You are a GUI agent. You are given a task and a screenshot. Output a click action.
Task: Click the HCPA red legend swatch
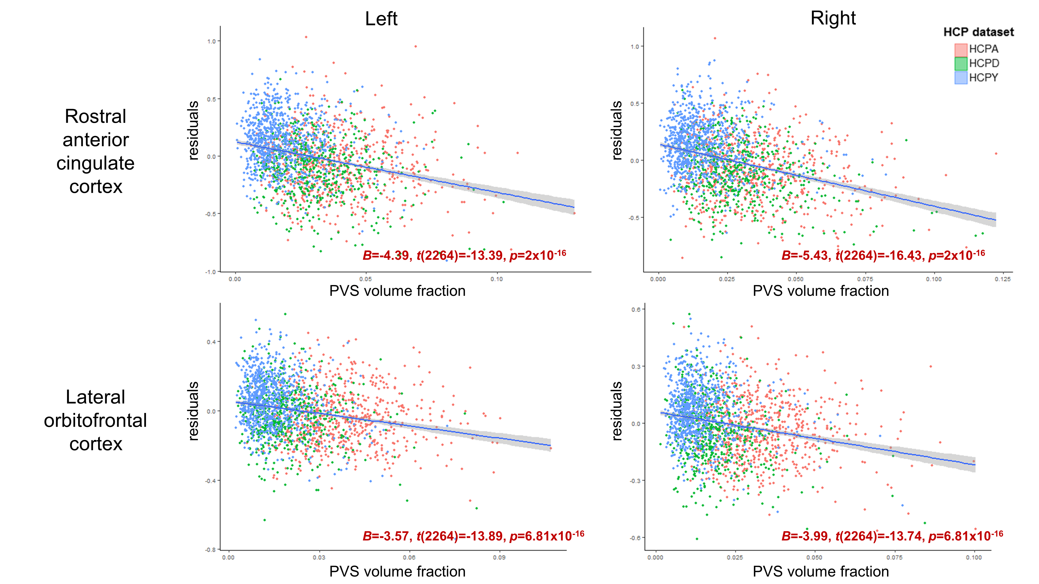tap(961, 50)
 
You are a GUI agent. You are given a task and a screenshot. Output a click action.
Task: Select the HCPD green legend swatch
tap(961, 64)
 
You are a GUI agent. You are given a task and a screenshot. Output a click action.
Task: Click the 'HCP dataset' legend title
tap(978, 32)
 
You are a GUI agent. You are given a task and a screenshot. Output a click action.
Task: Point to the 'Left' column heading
tap(381, 19)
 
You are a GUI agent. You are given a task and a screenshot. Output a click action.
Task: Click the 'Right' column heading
tap(833, 18)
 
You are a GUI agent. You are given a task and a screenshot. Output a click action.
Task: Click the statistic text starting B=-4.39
tap(464, 255)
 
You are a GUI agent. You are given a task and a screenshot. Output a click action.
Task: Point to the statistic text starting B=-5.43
tap(883, 255)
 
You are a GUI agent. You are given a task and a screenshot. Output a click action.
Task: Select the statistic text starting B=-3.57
tap(473, 536)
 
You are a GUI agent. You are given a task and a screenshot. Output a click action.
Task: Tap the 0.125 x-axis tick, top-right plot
tap(1003, 279)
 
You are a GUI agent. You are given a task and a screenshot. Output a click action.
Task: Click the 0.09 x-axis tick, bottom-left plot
tap(499, 558)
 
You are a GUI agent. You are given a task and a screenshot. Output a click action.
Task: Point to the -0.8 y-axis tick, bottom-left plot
tap(211, 550)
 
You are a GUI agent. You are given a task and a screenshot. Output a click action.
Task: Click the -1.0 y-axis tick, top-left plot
tap(211, 272)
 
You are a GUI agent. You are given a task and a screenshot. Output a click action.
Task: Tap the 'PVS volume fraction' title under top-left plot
tap(397, 291)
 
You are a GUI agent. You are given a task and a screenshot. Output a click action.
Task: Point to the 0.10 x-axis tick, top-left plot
tap(496, 279)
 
